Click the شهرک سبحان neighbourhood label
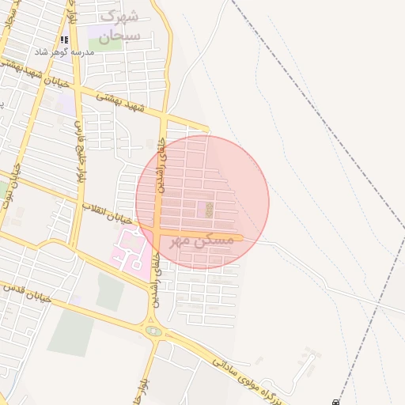coord(120,26)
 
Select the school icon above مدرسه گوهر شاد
coord(64,39)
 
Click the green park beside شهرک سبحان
coord(105,36)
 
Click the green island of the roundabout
coord(153,331)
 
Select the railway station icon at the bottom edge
coord(335,402)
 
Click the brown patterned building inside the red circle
coord(209,210)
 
